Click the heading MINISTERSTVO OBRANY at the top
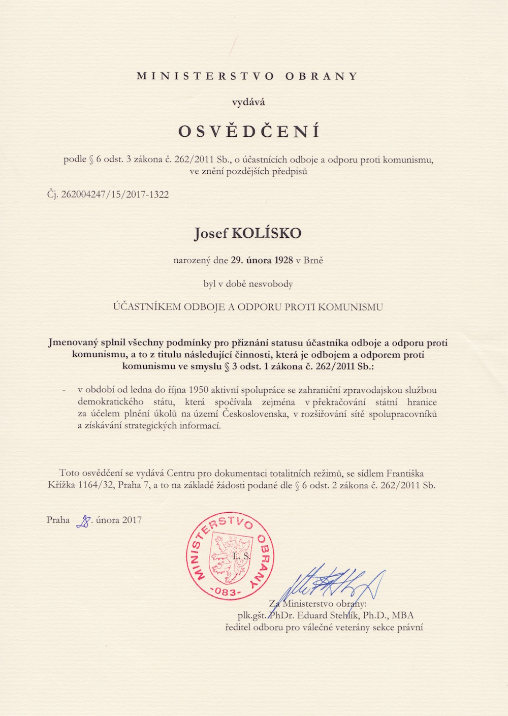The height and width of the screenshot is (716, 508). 247,76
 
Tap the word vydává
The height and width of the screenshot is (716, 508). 248,102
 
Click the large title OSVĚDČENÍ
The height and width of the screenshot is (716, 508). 249,132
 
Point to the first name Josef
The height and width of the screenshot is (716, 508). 211,234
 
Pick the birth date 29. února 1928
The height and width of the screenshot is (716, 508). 262,260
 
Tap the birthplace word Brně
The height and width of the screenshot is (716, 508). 313,260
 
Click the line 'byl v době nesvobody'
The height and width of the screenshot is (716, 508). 248,284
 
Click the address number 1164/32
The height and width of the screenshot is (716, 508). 96,485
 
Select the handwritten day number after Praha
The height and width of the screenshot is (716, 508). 83,521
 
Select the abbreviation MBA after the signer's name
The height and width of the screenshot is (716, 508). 403,615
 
